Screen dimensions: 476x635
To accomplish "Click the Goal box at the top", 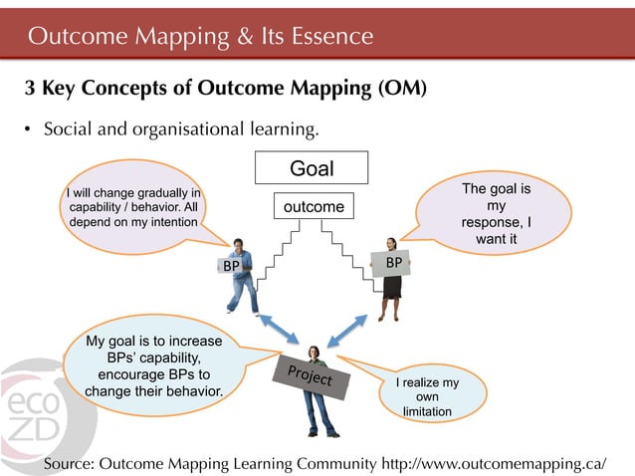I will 312,168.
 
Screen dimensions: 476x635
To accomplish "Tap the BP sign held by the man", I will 231,267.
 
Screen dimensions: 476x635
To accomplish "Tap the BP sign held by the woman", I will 393,263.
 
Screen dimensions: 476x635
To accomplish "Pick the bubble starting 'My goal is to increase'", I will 153,366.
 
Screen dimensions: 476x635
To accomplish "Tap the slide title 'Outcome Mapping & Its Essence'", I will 200,37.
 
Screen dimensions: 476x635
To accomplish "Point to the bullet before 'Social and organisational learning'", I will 30,130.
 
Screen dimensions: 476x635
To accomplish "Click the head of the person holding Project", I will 315,354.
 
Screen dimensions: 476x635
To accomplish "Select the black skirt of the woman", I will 391,287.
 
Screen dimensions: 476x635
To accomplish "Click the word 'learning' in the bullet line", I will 282,130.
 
